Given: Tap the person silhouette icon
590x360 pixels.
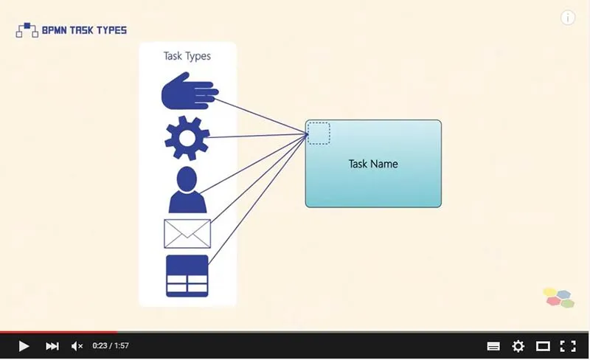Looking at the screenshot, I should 187,190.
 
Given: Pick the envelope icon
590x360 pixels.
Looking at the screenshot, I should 187,234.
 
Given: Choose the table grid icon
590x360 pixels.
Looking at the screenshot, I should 187,276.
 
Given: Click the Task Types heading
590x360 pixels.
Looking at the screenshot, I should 187,56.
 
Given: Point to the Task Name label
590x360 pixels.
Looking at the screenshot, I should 373,164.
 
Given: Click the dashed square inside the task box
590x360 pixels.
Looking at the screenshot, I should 319,134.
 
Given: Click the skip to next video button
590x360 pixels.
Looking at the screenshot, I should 52,346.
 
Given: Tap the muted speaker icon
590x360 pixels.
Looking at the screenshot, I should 77,346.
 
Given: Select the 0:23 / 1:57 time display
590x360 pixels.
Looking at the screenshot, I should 111,346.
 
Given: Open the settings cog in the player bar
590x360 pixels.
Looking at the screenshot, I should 518,346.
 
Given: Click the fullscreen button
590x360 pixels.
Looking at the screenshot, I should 567,346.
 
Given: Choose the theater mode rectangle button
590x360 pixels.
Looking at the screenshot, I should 543,346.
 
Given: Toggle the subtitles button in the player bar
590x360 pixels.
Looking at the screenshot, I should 494,346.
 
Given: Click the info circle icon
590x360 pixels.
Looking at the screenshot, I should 568,18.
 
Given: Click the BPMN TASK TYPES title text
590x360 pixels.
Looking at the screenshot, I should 84,30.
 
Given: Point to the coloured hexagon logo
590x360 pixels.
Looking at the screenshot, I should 559,297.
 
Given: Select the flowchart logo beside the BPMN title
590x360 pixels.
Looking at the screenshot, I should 27,30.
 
